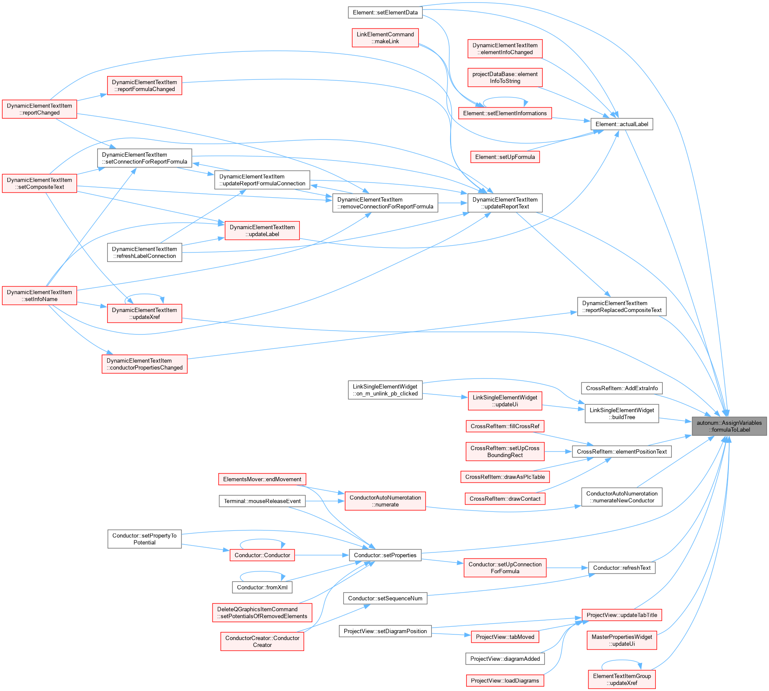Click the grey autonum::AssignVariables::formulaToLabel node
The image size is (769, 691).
coord(729,426)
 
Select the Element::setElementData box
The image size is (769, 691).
coord(385,13)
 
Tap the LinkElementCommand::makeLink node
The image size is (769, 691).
coord(385,38)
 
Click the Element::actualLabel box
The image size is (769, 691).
coord(622,124)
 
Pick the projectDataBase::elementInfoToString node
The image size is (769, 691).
coord(505,78)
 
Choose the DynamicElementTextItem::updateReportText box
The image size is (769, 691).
coord(505,203)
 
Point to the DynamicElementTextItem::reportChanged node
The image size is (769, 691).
coord(39,109)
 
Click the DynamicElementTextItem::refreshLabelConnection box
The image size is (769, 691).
coord(144,252)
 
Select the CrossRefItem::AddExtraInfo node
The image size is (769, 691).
coord(622,388)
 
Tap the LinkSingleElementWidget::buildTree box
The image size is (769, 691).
coord(622,413)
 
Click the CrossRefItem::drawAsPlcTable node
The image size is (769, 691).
coord(505,477)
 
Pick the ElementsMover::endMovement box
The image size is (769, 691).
coord(262,479)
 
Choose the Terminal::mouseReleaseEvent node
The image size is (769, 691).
coord(262,501)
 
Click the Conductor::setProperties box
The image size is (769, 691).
coord(385,555)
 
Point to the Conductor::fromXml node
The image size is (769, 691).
coord(262,587)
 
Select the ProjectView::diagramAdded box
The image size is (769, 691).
coord(505,659)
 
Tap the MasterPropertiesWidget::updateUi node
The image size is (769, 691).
coord(622,640)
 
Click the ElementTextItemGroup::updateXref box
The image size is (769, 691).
coord(622,679)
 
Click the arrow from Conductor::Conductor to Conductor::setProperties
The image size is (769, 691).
coord(322,555)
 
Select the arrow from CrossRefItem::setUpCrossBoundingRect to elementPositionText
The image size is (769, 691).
coord(558,452)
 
